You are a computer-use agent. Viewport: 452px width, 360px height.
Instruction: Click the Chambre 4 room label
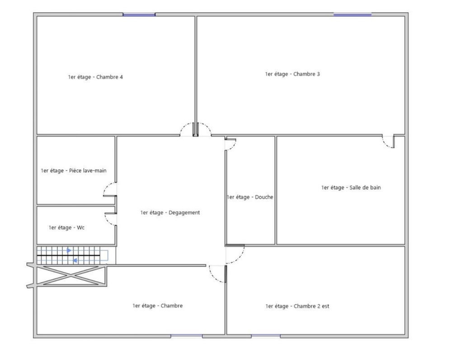95,77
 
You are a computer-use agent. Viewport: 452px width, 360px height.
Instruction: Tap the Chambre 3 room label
292,74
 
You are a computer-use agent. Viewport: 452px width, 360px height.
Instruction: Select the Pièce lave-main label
74,171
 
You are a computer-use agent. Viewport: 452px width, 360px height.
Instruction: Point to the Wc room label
66,227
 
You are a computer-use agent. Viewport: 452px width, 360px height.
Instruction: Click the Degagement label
170,213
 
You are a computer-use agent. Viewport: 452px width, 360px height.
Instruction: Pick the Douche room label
250,197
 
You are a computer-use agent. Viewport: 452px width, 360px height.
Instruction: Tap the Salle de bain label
351,188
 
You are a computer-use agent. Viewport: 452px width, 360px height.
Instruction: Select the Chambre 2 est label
297,306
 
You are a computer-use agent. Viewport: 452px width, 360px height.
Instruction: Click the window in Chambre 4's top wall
139,14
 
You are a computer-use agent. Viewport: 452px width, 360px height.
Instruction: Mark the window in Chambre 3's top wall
352,14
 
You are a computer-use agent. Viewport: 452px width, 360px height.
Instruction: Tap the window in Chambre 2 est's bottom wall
266,336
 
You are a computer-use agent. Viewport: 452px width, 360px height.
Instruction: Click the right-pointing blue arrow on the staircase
69,251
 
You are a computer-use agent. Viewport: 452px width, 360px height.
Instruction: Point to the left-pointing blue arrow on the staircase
75,261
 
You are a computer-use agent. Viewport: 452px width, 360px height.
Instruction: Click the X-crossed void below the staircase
71,276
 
